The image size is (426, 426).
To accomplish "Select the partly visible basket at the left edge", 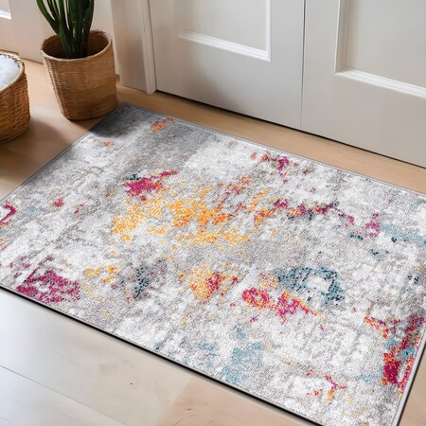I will click(x=11, y=99).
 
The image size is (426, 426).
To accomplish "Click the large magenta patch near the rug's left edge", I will click(x=47, y=285).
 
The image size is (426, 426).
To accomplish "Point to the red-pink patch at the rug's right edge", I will click(x=403, y=350).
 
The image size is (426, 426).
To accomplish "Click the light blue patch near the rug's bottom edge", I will click(x=241, y=364).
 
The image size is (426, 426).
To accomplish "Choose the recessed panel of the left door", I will click(x=223, y=24).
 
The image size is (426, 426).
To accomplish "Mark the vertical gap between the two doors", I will click(x=303, y=57).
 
